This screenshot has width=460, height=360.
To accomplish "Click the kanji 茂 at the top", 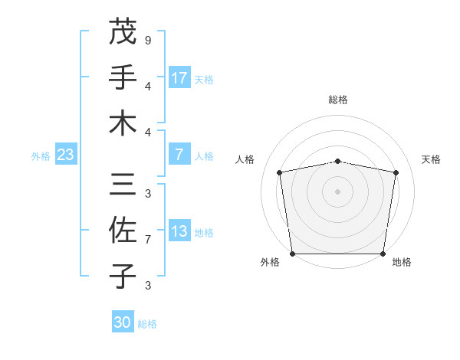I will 123,32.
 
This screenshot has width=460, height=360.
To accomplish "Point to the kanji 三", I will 123,185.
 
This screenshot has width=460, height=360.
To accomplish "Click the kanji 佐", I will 123,230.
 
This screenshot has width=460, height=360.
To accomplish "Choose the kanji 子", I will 123,276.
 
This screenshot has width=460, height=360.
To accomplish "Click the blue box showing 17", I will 179,77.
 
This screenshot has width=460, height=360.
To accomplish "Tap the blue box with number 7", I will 179,155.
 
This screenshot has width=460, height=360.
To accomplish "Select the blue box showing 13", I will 179,232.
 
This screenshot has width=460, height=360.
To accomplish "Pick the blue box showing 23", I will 66,155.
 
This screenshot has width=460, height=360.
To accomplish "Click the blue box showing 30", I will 123,322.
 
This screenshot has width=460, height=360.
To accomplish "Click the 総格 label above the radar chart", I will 338,100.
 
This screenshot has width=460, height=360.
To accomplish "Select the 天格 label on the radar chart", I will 431,159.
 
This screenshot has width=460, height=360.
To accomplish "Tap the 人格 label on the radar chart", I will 245,159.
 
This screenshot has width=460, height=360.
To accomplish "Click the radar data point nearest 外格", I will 292,254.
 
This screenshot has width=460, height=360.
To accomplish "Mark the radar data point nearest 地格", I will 383,254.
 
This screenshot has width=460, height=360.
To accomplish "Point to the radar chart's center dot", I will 338,191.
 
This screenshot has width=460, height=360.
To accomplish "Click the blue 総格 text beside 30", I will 147,323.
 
